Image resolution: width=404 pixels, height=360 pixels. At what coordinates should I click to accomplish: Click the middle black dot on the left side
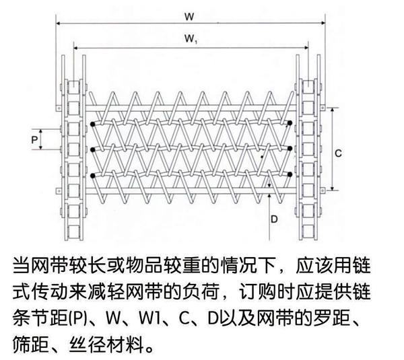pos(92,149)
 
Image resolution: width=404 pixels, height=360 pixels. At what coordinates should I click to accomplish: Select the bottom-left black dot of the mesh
pos(92,174)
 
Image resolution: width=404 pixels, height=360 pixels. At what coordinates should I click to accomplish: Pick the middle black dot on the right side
pos(290,148)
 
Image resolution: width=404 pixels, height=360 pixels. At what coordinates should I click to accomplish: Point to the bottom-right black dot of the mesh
pos(290,174)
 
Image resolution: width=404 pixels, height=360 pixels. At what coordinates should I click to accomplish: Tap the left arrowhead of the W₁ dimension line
pos(75,48)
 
